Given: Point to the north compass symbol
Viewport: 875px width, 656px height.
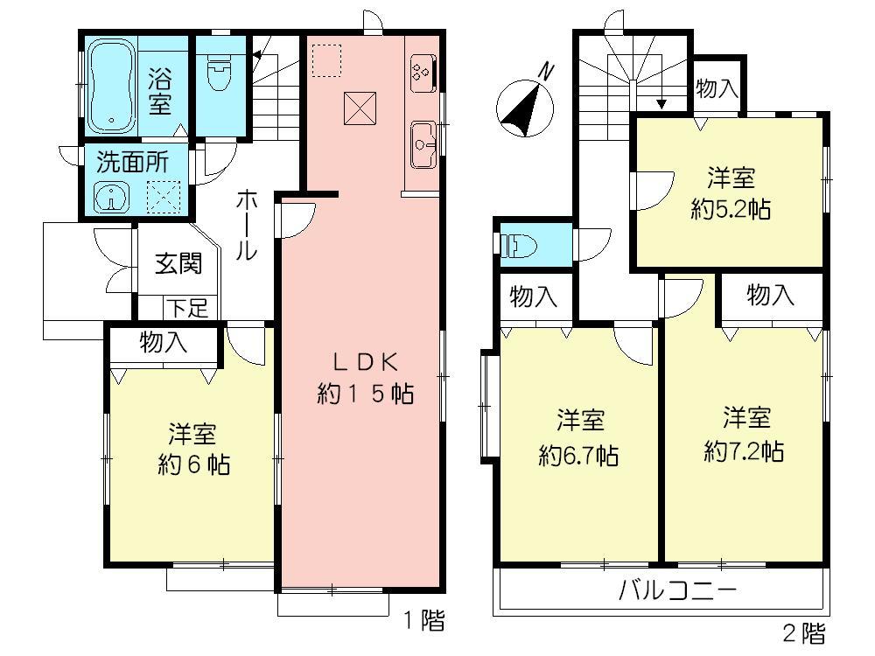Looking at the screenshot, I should tap(526, 101).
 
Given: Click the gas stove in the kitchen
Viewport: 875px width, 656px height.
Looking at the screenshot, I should tap(420, 72).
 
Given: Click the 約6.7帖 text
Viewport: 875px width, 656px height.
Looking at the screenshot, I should tap(579, 438).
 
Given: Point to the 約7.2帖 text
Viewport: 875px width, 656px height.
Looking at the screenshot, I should tap(744, 434).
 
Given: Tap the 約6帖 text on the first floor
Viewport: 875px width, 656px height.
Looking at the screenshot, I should tap(193, 449).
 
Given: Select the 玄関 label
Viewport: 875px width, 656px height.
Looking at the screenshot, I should tap(178, 264).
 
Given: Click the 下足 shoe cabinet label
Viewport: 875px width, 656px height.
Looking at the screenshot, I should tap(187, 307).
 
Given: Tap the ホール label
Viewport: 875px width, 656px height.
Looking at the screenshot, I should tap(246, 226).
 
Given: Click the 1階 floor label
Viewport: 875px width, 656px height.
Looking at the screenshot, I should tap(423, 622).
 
